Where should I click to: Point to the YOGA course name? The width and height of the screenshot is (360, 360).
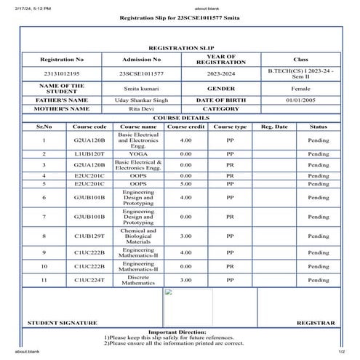coord(137,154)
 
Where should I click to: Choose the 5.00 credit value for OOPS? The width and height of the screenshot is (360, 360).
coord(185,185)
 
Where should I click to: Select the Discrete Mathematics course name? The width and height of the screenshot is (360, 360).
coord(137,279)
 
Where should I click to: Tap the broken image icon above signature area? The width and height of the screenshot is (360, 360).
coord(168,295)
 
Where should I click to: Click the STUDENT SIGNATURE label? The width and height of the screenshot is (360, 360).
coord(62,322)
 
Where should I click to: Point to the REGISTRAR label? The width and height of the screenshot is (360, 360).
coord(316,322)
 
